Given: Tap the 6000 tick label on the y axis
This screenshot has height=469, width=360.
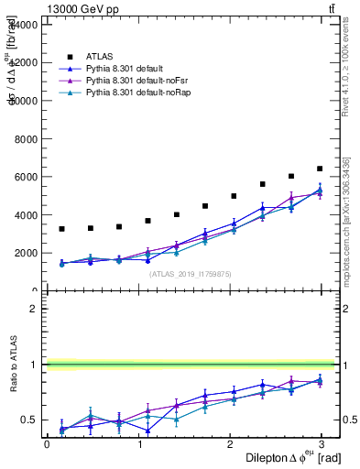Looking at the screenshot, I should tap(28, 177).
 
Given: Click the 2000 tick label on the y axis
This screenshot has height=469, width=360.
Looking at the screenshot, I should tap(28, 253).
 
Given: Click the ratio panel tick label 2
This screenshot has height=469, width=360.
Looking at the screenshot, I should tap(36, 309).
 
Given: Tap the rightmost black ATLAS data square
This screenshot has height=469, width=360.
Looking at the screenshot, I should tap(320, 169).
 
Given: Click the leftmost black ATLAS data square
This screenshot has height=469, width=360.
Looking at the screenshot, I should tap(61, 229).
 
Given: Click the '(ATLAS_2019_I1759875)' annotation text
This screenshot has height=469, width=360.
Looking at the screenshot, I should tap(191, 273).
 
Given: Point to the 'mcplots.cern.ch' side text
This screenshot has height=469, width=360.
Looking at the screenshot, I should tap(346, 229).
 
